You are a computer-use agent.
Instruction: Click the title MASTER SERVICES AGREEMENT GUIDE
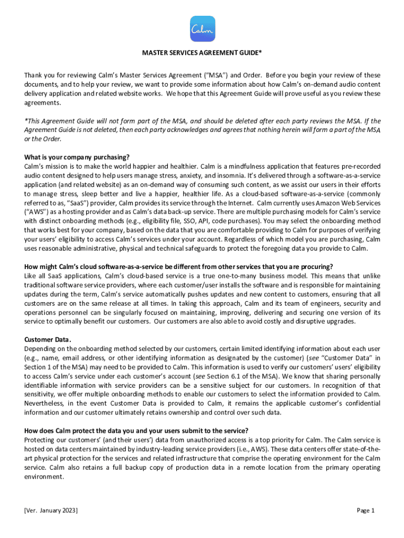(x=202, y=53)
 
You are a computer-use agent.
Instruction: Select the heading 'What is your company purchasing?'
(x=77, y=157)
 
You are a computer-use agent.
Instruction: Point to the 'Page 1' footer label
(x=366, y=510)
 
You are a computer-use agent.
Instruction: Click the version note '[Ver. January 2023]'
(x=51, y=510)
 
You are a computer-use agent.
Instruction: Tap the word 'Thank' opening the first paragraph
(x=34, y=75)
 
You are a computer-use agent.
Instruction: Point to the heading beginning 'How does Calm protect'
(x=136, y=430)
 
